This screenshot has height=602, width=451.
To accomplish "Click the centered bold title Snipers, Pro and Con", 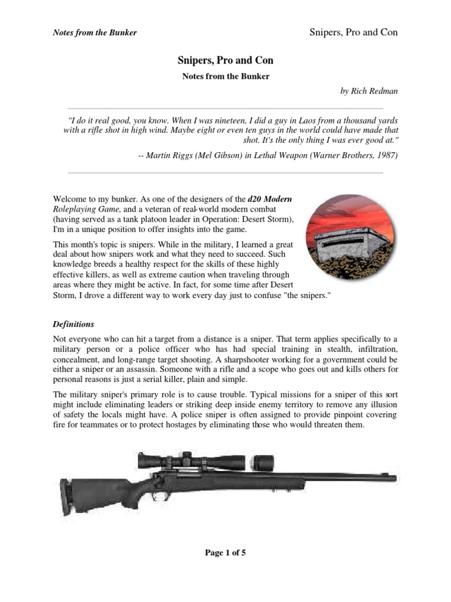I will click(x=225, y=61).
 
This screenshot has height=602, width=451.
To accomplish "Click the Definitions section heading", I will click(x=73, y=324).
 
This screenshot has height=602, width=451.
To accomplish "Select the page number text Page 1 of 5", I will click(x=225, y=553).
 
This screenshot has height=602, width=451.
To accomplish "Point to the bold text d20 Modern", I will click(x=270, y=198).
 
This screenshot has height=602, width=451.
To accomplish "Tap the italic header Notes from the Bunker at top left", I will click(x=95, y=32).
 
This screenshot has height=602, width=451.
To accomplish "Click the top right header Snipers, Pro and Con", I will click(x=353, y=32).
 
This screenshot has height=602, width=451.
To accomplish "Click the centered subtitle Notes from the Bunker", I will click(x=225, y=76).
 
